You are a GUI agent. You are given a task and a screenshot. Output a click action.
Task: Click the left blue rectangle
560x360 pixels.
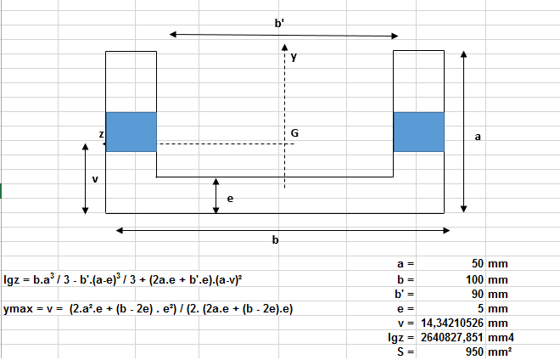[131, 132]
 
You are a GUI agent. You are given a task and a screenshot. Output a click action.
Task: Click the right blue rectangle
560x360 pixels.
[418, 132]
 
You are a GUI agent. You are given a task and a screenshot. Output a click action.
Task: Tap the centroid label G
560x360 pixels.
[294, 134]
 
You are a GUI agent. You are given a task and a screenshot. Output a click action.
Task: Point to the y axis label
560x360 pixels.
[294, 57]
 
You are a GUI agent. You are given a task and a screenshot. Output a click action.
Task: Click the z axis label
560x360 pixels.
[101, 134]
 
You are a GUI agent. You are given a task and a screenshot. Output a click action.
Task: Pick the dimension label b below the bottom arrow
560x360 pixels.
[275, 240]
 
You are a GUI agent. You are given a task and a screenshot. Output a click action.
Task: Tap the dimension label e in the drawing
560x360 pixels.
[230, 198]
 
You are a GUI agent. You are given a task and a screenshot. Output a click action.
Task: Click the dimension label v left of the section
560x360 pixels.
[94, 179]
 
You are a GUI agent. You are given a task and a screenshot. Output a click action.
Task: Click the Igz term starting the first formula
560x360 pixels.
[11, 278]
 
